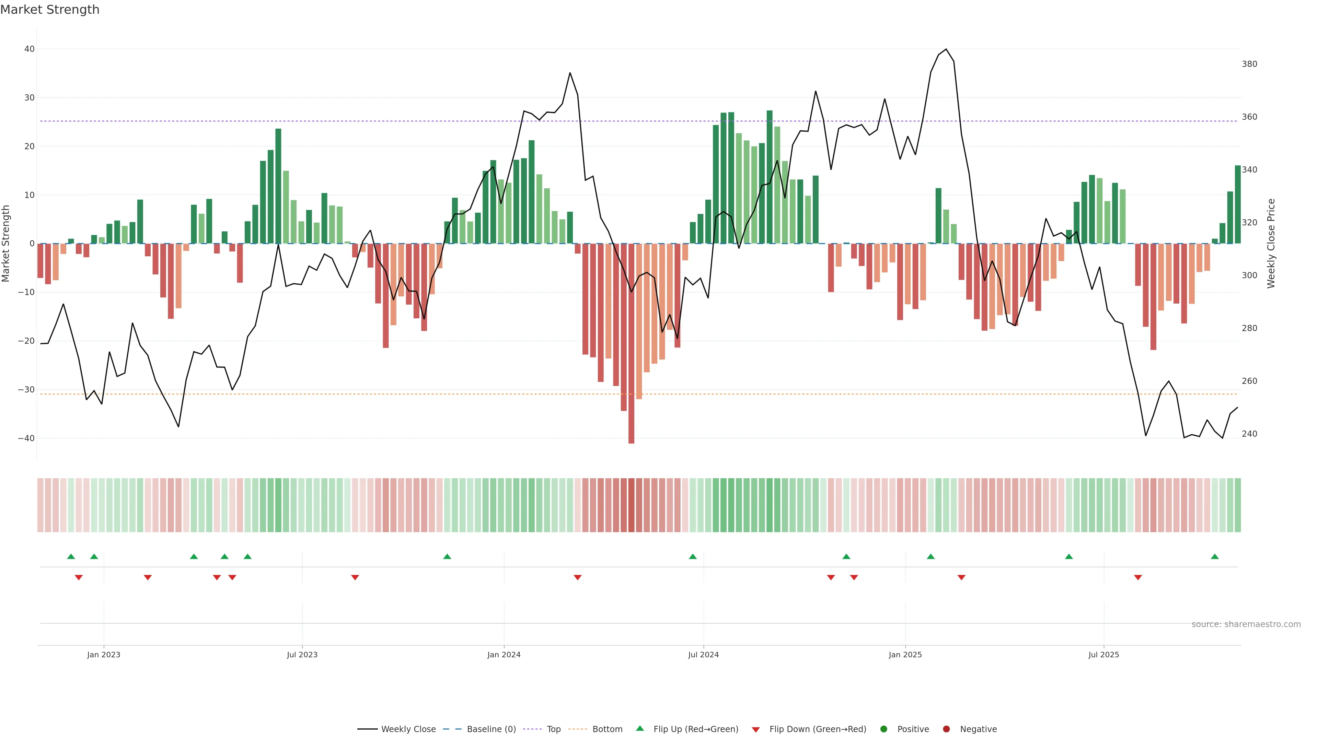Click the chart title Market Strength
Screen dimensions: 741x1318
pos(50,10)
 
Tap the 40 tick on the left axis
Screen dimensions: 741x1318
pos(29,49)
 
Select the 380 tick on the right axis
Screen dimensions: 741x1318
pos(1249,64)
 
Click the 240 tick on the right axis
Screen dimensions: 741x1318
pos(1249,434)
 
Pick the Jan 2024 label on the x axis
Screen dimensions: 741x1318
pos(504,655)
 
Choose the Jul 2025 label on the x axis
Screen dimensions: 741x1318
pos(1103,655)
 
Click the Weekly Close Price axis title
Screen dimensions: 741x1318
pos(1271,244)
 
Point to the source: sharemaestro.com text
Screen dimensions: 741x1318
pos(1246,624)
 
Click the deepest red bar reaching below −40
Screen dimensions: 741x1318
pos(632,440)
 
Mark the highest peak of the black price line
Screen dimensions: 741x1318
pos(946,49)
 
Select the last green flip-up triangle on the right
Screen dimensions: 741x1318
pos(1215,556)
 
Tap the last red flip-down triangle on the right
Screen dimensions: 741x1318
pos(1138,577)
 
